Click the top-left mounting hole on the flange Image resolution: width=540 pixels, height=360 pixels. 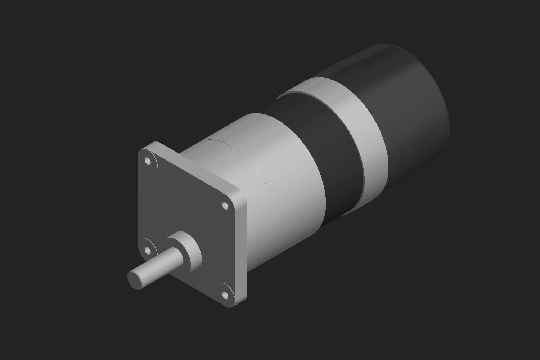(x=148, y=161)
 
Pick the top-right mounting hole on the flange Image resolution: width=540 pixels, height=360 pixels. (x=225, y=206)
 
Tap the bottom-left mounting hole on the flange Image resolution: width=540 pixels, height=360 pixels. (x=148, y=250)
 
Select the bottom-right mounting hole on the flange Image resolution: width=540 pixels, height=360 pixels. (x=225, y=295)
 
